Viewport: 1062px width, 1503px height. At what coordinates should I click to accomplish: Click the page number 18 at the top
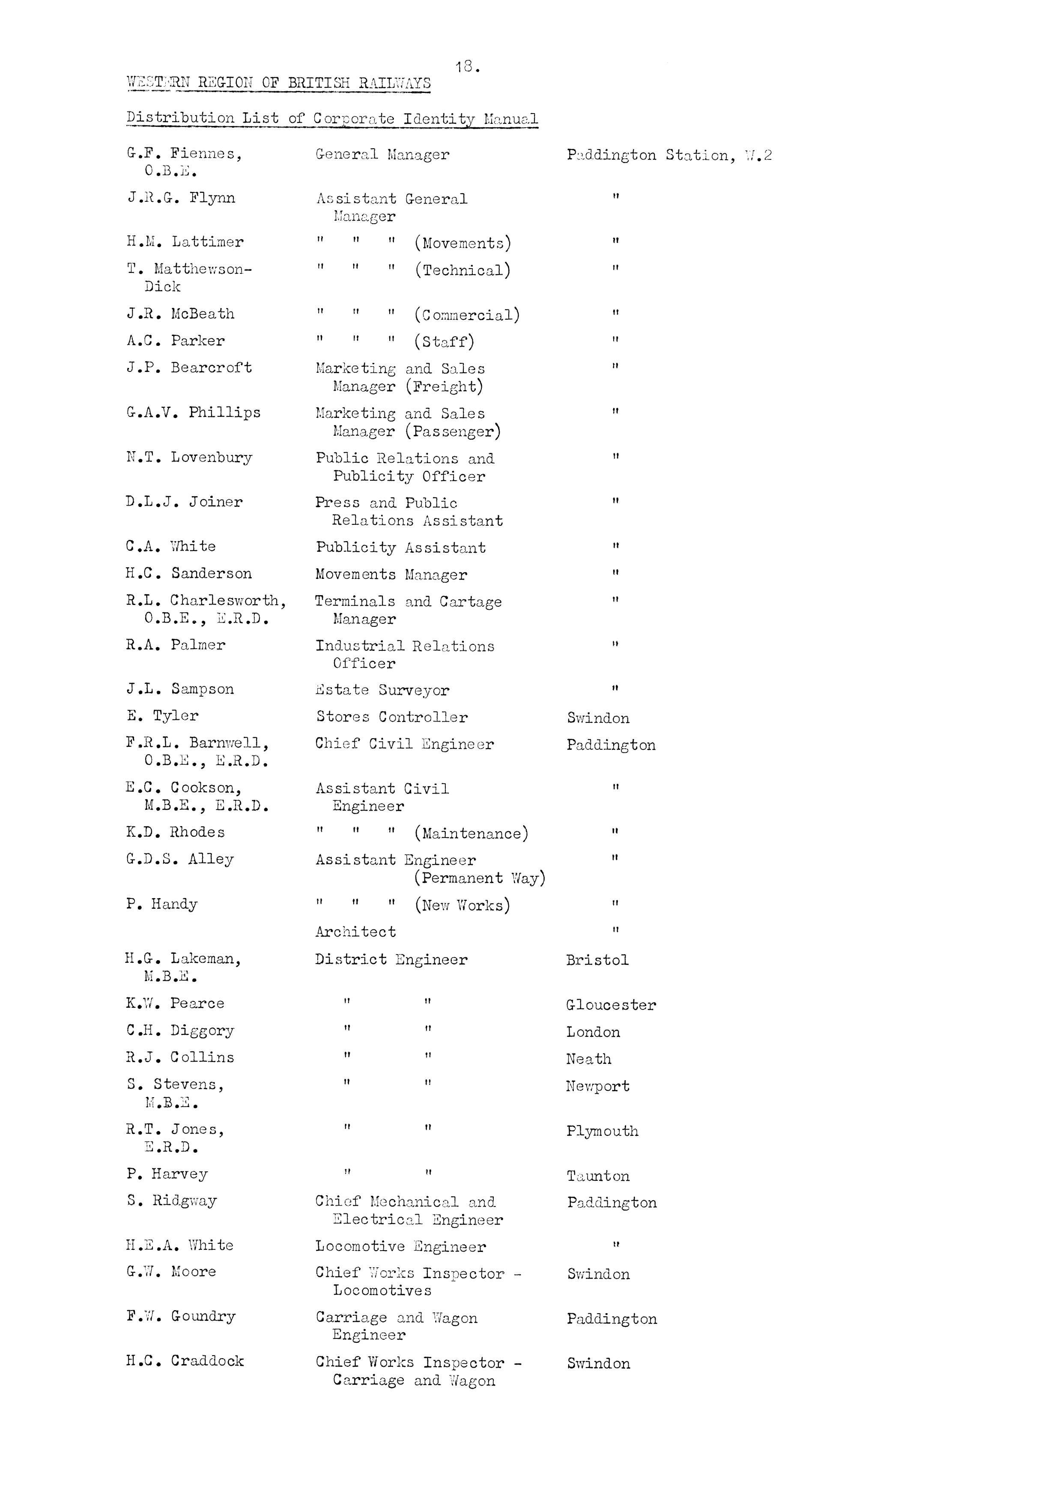467,66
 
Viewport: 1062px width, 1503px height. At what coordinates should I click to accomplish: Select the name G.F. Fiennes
184,154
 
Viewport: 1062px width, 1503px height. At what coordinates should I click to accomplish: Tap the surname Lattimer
207,242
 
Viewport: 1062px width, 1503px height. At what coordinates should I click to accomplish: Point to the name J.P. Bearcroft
189,368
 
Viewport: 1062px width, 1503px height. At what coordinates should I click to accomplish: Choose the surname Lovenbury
212,458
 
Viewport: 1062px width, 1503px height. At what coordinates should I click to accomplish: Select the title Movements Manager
391,575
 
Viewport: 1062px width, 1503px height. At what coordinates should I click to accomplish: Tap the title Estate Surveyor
382,690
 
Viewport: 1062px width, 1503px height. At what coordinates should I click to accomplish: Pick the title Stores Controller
391,717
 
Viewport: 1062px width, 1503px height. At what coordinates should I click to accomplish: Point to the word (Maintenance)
471,833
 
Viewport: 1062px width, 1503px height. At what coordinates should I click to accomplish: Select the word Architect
355,931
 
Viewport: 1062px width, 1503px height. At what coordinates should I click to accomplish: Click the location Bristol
597,960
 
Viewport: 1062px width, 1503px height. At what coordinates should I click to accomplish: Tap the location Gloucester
611,1005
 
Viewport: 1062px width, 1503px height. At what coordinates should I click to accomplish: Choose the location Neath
588,1059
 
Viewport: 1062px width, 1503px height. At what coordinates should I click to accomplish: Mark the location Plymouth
602,1131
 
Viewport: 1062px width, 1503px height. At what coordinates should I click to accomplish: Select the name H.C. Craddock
185,1361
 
